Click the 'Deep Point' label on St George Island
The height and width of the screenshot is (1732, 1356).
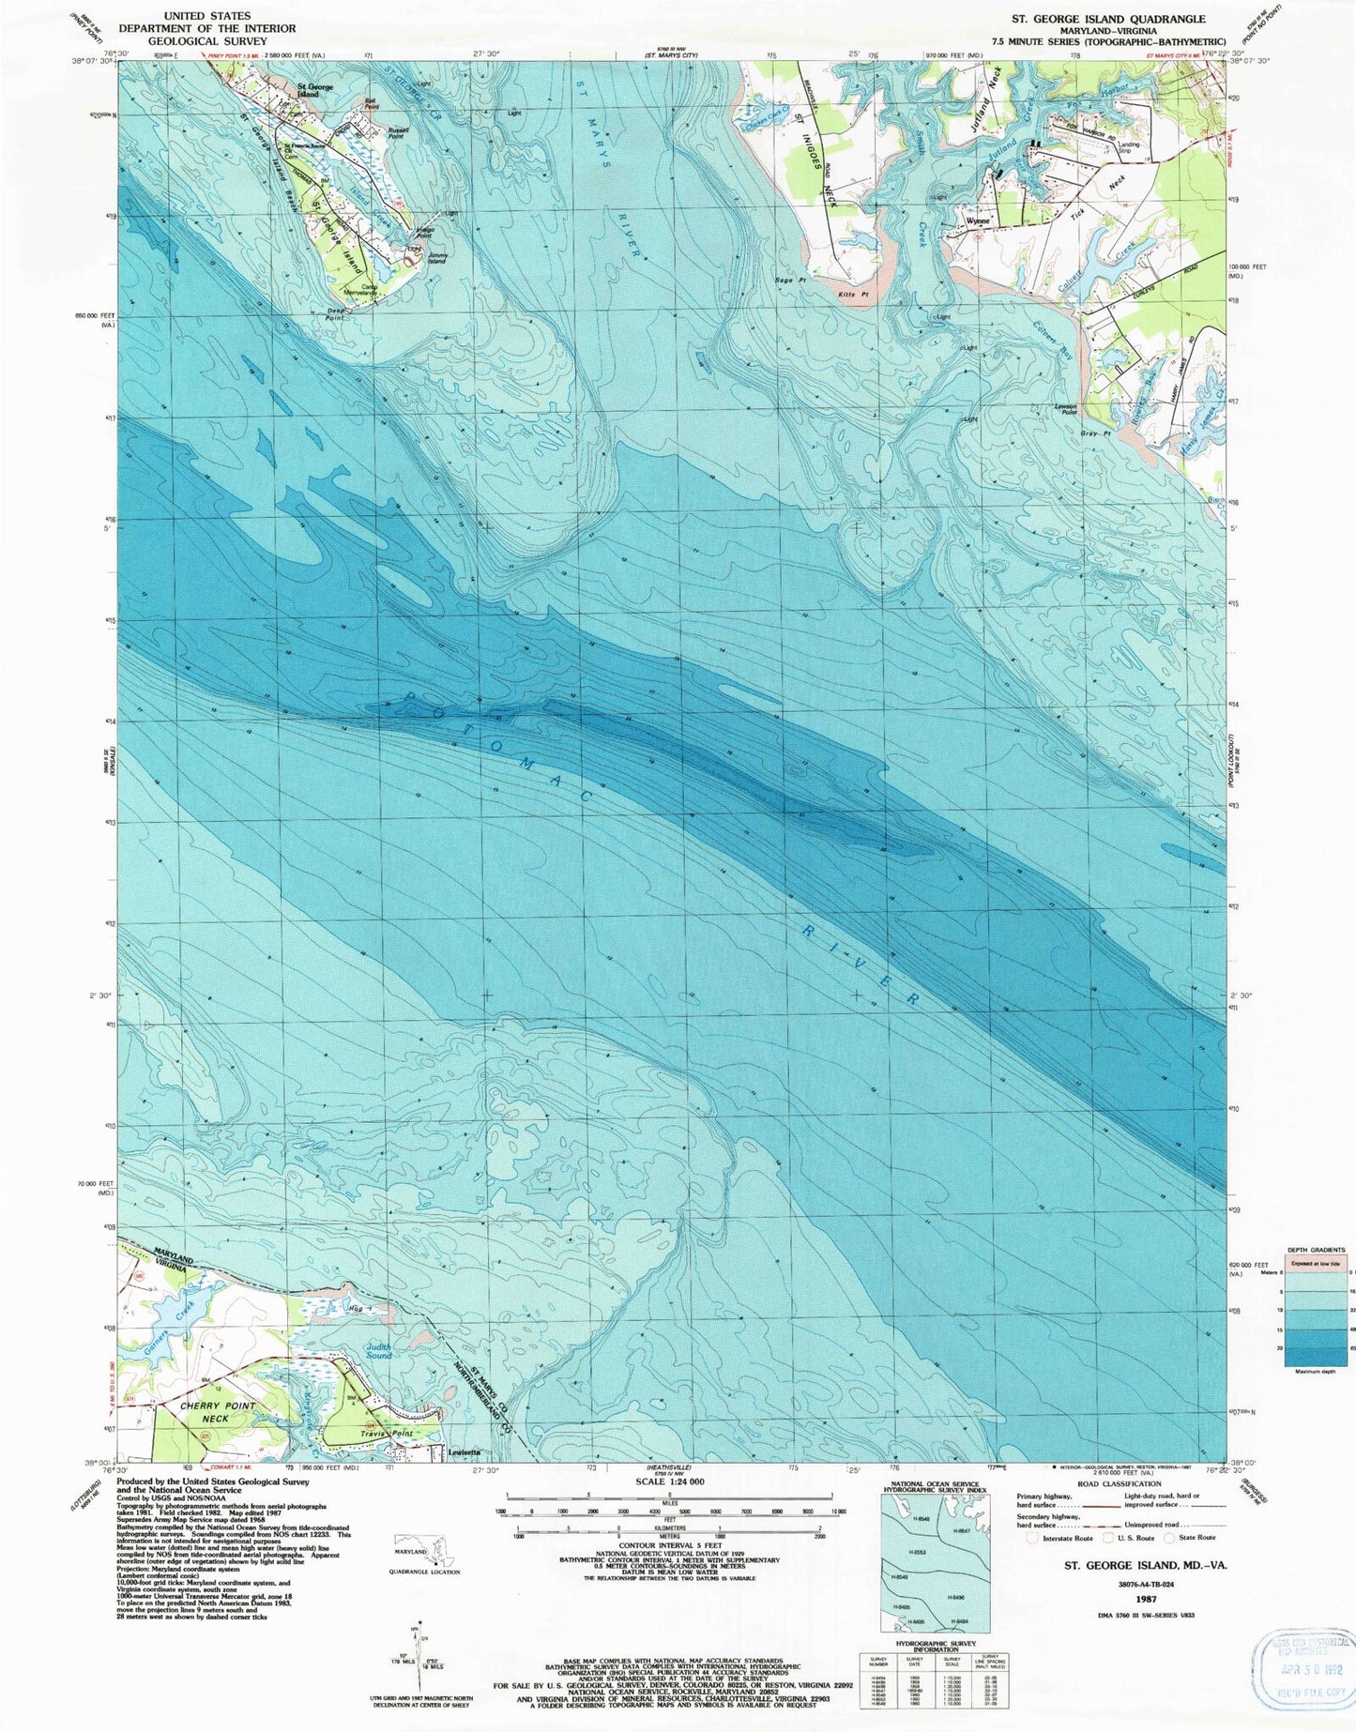click(335, 316)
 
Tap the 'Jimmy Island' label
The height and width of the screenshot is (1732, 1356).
click(436, 258)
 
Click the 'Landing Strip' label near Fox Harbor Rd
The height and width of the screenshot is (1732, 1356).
click(1129, 147)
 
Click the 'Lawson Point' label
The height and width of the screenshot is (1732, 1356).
click(1066, 408)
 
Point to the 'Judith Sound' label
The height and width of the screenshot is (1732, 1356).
click(378, 1351)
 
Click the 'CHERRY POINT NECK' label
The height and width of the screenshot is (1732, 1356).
click(216, 1412)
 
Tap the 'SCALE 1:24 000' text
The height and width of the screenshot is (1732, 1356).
click(669, 1508)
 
